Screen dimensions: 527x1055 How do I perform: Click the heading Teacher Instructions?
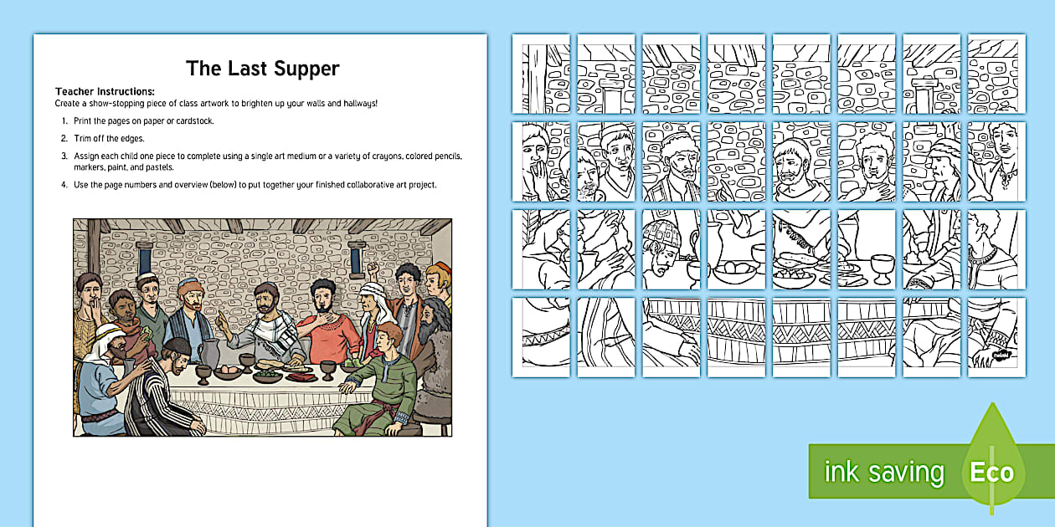click(105, 91)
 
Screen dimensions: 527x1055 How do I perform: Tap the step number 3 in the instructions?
click(64, 156)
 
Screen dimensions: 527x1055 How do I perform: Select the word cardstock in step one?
click(193, 121)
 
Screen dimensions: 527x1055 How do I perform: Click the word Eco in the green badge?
click(992, 473)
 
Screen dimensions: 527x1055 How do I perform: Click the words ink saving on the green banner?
click(884, 473)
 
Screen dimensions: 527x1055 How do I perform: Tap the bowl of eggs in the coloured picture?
click(229, 370)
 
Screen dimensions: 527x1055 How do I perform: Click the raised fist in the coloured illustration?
click(372, 269)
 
